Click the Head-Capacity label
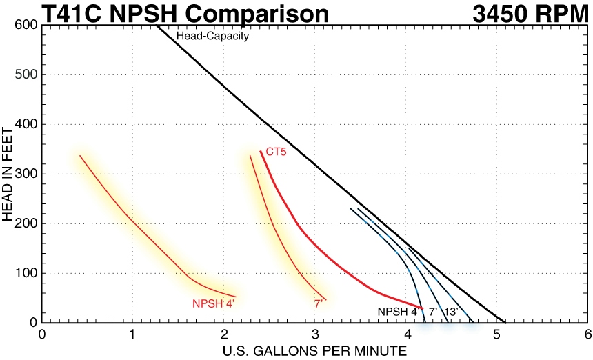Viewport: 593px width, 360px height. (212, 37)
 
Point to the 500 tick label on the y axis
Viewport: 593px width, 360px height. (26, 74)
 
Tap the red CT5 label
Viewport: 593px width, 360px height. (276, 151)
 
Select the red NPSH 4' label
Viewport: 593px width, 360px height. (214, 303)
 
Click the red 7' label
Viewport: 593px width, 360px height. (319, 303)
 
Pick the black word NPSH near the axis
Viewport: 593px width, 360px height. (393, 312)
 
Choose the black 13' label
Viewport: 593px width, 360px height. (452, 312)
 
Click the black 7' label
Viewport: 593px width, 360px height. (433, 312)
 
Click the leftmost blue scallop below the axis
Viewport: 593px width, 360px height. (423, 328)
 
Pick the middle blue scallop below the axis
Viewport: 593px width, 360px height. (448, 328)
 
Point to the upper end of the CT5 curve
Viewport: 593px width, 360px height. (261, 152)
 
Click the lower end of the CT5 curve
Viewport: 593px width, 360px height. (421, 308)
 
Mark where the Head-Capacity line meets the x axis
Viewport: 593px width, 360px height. (505, 321)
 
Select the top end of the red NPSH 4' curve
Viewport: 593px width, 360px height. (80, 156)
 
